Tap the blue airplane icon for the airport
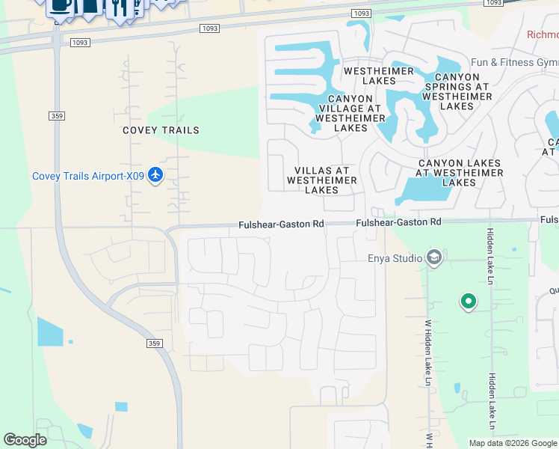(155, 175)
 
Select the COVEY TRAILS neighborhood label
(161, 130)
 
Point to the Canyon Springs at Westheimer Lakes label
(457, 91)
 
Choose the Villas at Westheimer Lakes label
(323, 180)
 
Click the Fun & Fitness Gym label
(513, 62)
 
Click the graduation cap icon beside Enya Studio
(433, 259)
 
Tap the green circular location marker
(469, 302)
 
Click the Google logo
(25, 440)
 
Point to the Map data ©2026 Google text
(512, 442)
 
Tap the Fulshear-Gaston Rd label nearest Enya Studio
(398, 222)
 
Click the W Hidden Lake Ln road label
(428, 352)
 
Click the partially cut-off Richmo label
(543, 34)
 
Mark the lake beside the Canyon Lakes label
(423, 191)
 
